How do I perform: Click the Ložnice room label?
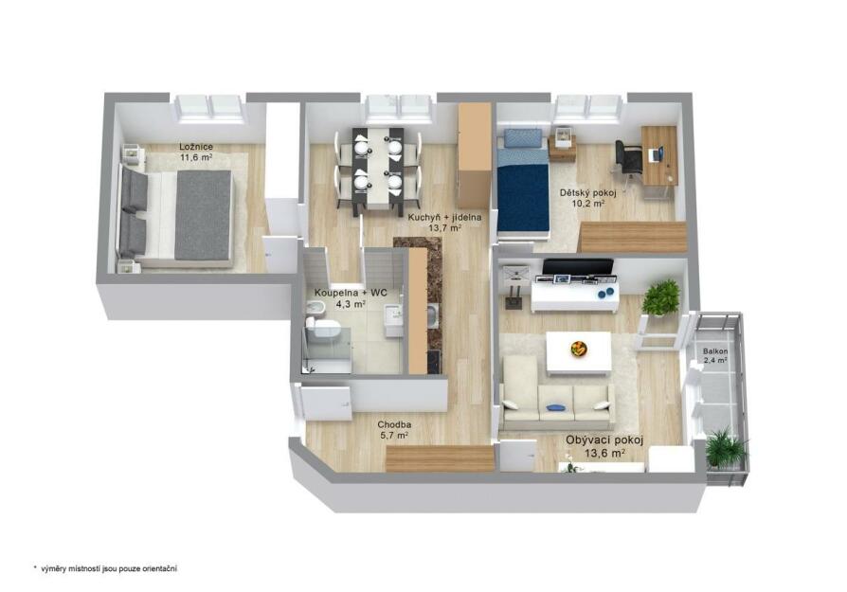click(196, 147)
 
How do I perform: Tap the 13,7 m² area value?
click(444, 228)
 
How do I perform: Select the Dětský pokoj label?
click(587, 193)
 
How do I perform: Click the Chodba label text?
click(394, 424)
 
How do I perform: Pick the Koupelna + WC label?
click(351, 293)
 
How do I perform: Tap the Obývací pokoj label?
click(604, 440)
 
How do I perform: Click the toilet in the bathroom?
click(322, 328)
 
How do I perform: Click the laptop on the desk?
click(656, 154)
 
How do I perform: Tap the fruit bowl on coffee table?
click(579, 349)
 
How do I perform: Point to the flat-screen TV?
click(577, 267)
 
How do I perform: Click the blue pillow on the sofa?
click(552, 407)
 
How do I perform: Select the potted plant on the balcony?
click(726, 448)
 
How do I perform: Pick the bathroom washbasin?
click(393, 314)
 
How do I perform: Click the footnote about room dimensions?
click(105, 568)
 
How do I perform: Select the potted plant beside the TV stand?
click(661, 297)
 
